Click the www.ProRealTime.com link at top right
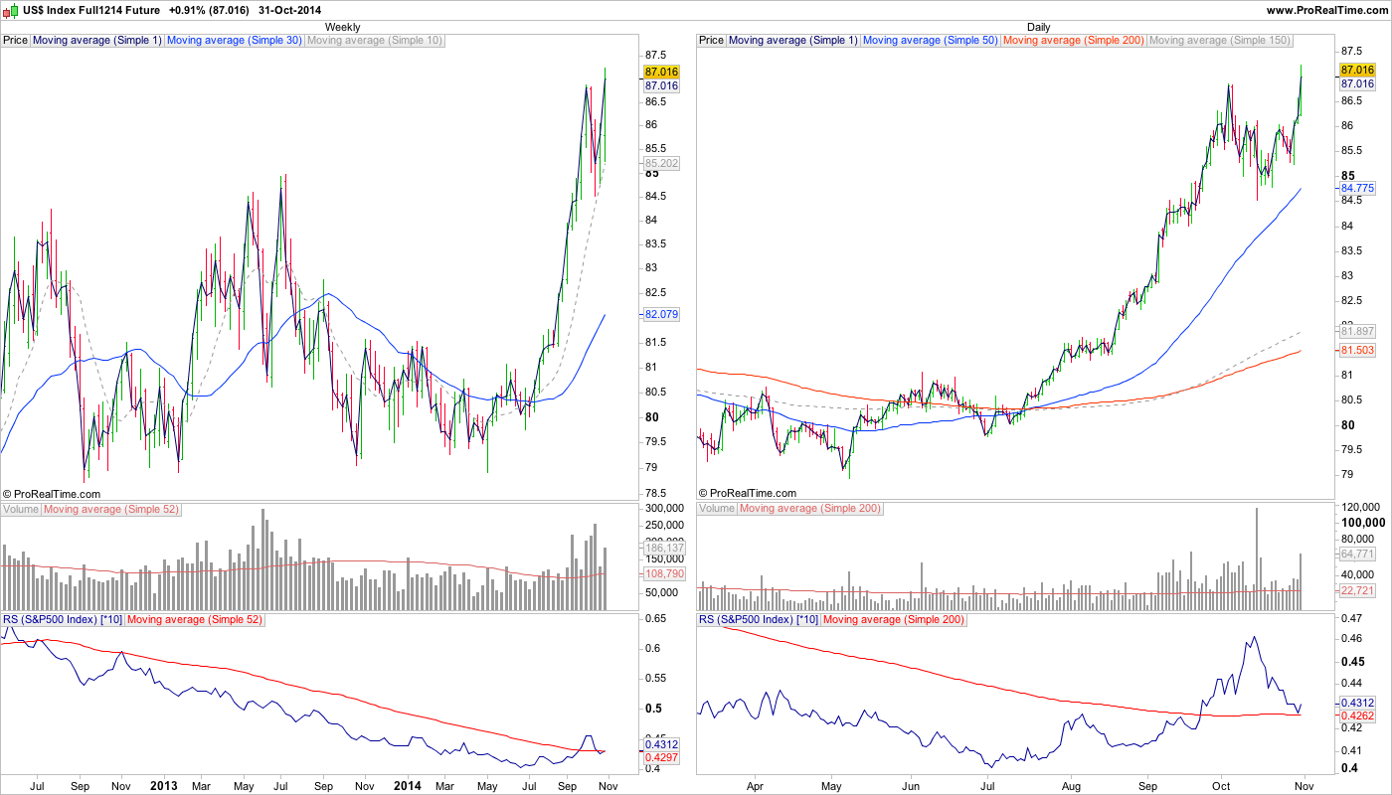point(1326,10)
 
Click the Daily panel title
point(1038,27)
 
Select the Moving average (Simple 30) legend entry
point(234,41)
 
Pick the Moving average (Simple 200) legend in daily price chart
point(1074,41)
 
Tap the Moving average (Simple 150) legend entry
point(1219,41)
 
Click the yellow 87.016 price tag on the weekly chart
point(661,72)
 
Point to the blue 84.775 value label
point(1357,188)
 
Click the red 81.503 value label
point(1357,350)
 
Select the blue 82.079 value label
point(661,314)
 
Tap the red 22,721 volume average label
point(1357,590)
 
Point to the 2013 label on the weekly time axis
point(163,785)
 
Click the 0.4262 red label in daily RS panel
point(1357,715)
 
